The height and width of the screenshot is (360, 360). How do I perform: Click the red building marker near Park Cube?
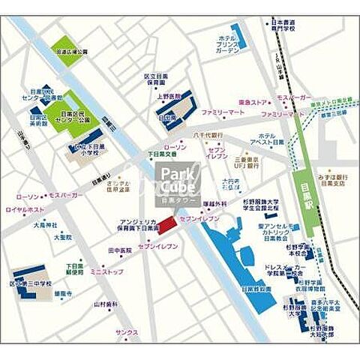[x=166, y=224]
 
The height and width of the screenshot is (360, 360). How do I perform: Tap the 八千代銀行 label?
[x=207, y=135]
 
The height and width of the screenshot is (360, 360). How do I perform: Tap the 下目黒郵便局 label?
[x=73, y=269]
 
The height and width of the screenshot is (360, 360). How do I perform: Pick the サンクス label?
[x=127, y=331]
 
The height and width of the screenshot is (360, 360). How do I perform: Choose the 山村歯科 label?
[x=106, y=304]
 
